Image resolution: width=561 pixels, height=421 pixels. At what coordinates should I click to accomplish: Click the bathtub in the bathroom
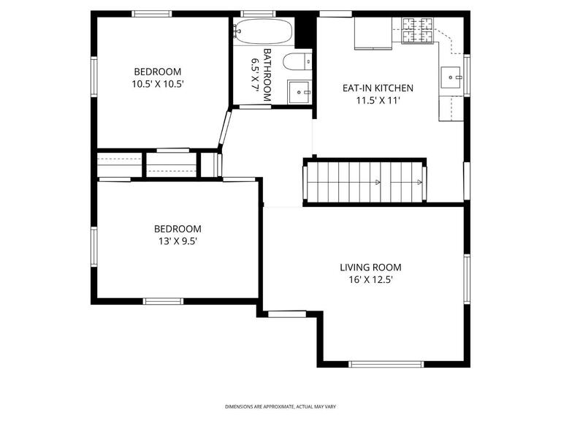click(264, 32)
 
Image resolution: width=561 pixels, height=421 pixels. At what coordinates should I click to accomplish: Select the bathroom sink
click(299, 92)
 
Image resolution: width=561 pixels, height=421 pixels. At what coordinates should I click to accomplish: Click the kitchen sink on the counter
click(451, 75)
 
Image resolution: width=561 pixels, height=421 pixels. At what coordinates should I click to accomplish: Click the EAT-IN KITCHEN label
click(378, 88)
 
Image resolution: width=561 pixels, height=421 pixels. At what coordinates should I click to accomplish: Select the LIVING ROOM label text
click(370, 268)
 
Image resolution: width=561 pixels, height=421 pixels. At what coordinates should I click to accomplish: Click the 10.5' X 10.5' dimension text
click(157, 84)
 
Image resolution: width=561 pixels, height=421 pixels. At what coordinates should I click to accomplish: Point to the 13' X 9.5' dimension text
click(178, 241)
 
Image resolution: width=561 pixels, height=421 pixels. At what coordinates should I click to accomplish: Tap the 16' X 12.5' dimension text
click(370, 280)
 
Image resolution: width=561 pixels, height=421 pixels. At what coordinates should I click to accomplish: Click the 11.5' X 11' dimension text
click(378, 101)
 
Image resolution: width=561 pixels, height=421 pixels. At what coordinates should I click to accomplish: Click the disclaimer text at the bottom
click(280, 406)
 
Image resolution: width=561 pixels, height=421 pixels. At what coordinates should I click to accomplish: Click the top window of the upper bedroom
click(152, 13)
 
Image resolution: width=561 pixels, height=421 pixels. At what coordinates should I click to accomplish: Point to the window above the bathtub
click(258, 13)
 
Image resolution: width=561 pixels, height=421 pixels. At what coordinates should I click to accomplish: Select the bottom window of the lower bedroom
click(163, 300)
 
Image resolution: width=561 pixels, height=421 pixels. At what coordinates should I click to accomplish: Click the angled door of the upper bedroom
click(226, 129)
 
